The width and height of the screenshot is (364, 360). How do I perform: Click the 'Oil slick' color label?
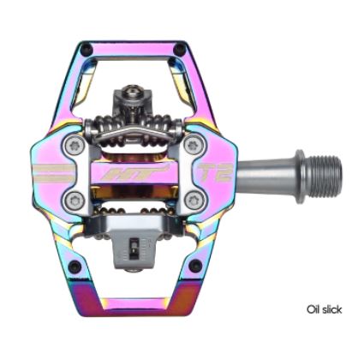tap(324, 309)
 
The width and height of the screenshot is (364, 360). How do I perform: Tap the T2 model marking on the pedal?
tap(214, 172)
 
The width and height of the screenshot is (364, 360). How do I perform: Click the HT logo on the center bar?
tap(134, 173)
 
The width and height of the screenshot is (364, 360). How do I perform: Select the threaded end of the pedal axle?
tap(325, 177)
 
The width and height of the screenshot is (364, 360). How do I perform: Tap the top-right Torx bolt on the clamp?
tap(194, 145)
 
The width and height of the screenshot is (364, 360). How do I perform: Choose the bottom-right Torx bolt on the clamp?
tap(194, 199)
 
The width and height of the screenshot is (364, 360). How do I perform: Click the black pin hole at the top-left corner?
tap(87, 50)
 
